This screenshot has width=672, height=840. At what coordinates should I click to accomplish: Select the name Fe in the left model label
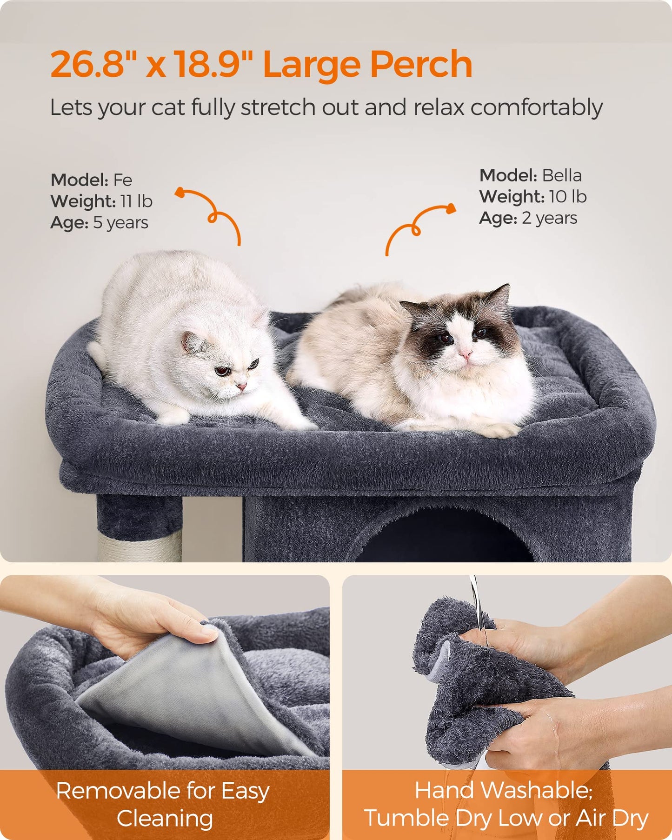coord(123,180)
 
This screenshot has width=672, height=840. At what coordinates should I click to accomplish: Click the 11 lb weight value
coord(136,201)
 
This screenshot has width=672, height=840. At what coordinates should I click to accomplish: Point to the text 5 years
coord(120,222)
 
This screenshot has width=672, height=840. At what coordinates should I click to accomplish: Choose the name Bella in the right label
coord(562,175)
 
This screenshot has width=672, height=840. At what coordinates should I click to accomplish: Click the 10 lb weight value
coord(567,196)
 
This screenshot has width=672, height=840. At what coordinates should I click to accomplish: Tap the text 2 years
coord(549,218)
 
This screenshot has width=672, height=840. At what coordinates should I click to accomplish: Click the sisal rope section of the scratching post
coord(140,547)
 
